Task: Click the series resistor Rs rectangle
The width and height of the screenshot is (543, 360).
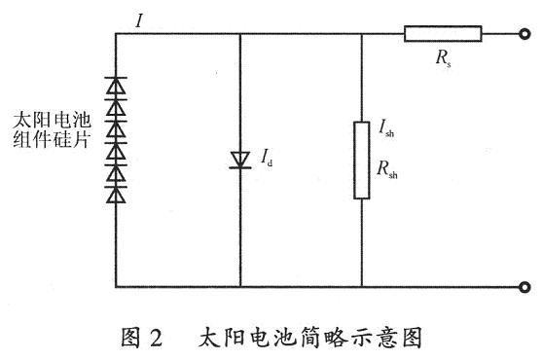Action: [443, 34]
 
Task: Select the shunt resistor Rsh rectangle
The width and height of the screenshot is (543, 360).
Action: [362, 161]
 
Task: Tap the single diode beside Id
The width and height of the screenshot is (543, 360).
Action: [240, 161]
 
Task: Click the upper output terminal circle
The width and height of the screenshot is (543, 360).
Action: [525, 34]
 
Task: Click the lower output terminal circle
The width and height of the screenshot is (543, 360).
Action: [525, 287]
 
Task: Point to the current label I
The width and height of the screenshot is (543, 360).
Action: [139, 21]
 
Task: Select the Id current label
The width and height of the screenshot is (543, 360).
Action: [267, 157]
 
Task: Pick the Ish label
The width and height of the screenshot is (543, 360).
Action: [386, 127]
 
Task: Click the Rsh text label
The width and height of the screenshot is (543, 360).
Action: [387, 169]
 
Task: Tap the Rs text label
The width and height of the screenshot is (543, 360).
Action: [444, 58]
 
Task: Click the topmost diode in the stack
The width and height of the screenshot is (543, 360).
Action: [116, 86]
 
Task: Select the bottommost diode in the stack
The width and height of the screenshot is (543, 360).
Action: [116, 195]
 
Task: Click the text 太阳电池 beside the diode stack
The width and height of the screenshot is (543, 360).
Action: [52, 121]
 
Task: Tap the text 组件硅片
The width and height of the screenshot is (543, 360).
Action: [52, 140]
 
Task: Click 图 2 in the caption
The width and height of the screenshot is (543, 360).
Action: [142, 338]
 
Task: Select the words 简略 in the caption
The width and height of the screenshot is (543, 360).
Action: [324, 338]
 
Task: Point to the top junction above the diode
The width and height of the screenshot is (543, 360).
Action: [240, 34]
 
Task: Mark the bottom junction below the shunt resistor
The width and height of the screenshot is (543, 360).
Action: [362, 287]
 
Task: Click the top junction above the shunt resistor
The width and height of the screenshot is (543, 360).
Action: [362, 34]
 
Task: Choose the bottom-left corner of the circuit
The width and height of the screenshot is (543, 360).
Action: [116, 287]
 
